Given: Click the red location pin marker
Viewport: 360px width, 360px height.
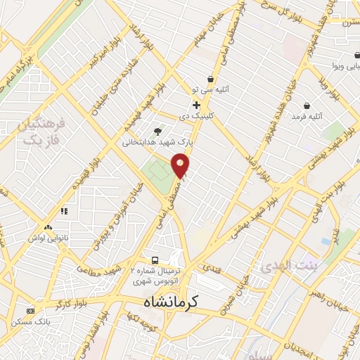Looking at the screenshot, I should [181, 166].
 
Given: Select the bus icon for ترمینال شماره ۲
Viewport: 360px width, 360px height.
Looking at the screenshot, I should [155, 258].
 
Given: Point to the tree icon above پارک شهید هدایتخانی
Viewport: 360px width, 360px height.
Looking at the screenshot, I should [157, 130].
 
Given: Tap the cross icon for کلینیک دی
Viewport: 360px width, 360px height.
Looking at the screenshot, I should [197, 105].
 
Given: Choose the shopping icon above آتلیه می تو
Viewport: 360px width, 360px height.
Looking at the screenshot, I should [210, 79].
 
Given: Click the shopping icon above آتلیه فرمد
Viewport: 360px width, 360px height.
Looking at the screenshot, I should [307, 105].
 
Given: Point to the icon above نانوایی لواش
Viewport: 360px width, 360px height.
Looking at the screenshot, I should [49, 228].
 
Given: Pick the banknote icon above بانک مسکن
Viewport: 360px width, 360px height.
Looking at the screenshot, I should [30, 310].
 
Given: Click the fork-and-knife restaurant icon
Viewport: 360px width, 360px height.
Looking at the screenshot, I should [64, 210].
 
